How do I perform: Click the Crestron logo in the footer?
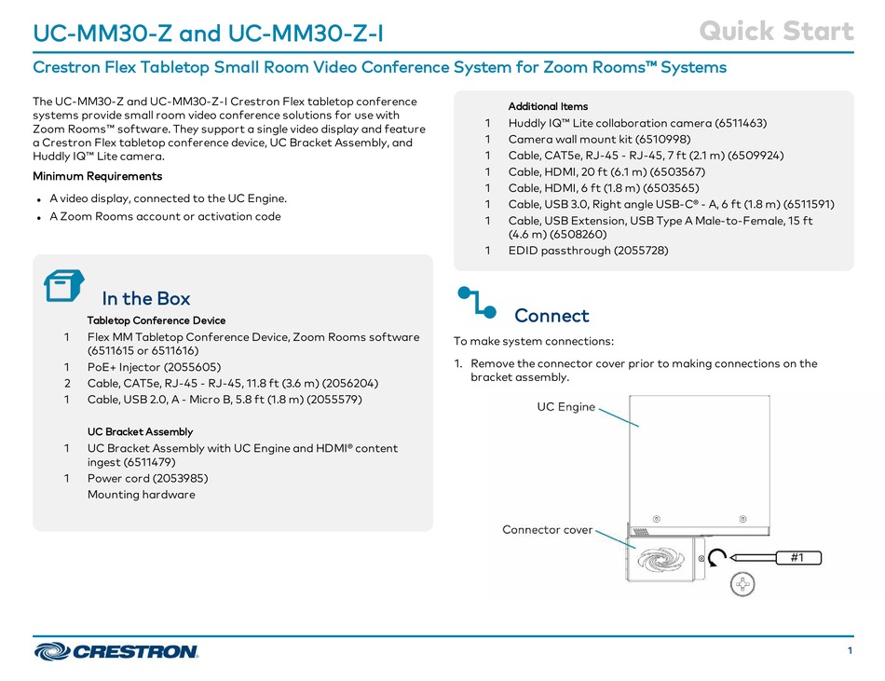click(x=116, y=651)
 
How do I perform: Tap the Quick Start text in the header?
click(x=776, y=32)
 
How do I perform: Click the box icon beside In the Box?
click(x=64, y=286)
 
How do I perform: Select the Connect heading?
click(x=551, y=316)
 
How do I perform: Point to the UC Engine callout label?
click(x=565, y=406)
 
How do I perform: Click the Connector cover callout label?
click(x=547, y=529)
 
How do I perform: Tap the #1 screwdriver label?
click(x=796, y=557)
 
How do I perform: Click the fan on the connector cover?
click(x=651, y=559)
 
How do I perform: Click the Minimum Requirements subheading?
click(x=97, y=176)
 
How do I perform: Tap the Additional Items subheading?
click(x=548, y=106)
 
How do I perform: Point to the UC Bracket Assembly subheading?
click(x=140, y=431)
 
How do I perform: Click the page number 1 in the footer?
click(x=851, y=651)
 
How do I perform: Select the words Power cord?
click(x=116, y=478)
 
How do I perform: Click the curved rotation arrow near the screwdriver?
click(x=716, y=558)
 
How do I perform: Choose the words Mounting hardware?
click(x=141, y=495)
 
